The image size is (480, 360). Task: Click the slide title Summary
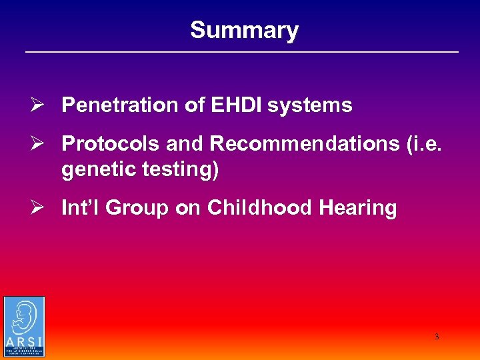(244, 30)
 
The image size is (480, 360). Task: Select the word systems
(311, 105)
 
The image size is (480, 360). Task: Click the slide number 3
(437, 337)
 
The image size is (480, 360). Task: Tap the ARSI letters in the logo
(24, 342)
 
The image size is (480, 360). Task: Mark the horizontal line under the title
(242, 52)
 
